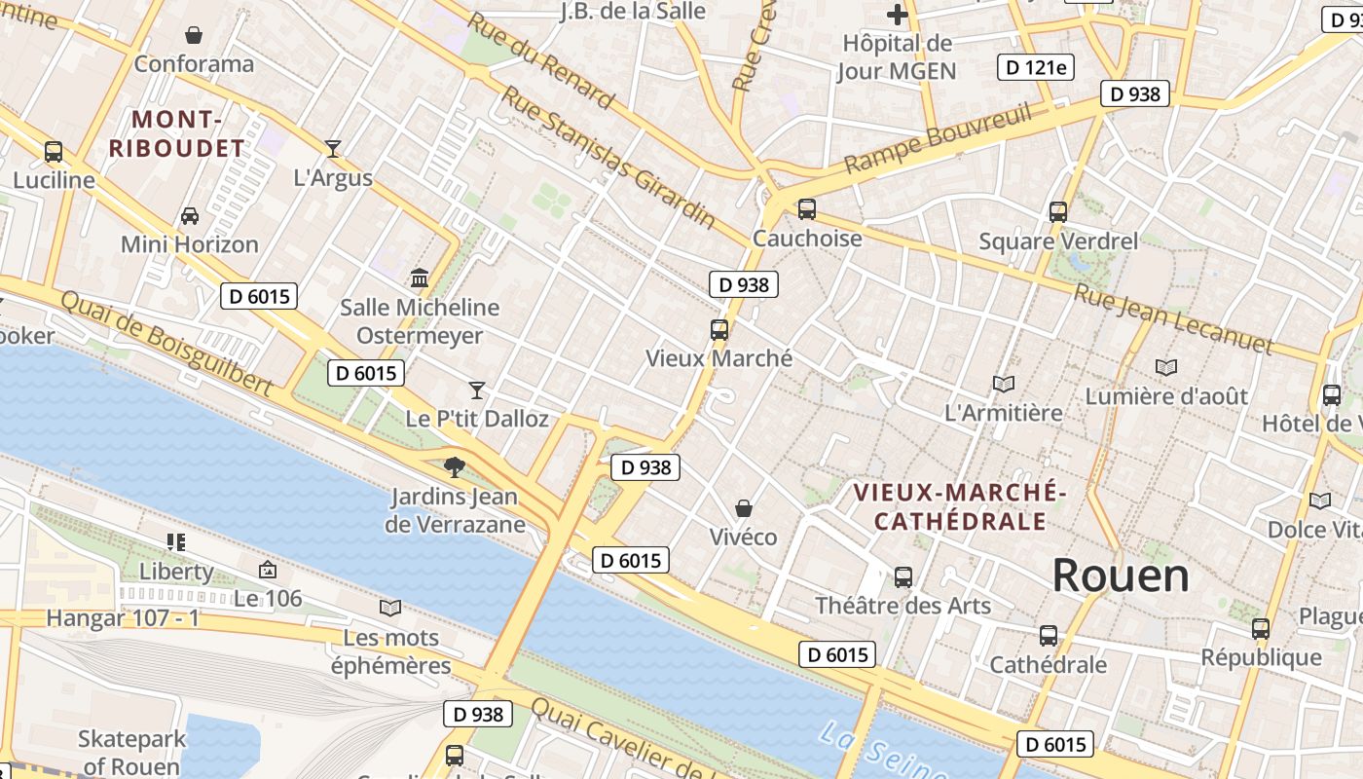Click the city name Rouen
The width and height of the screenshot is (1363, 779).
[x=1121, y=575]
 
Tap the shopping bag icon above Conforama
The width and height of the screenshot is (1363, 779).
[x=194, y=35]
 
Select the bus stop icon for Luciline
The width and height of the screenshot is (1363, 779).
[x=54, y=152]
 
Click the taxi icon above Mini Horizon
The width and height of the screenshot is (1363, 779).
[x=190, y=215]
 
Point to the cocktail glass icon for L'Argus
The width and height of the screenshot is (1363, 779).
[x=333, y=149]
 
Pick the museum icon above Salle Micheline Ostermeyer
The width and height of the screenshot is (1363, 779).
[x=420, y=278]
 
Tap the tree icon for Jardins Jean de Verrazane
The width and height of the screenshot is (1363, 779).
[x=454, y=466]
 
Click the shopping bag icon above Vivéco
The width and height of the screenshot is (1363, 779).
[x=744, y=508]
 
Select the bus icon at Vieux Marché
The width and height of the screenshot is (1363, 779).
[x=719, y=330]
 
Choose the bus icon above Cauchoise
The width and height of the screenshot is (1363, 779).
[x=807, y=209]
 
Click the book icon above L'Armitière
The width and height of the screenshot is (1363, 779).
[x=1004, y=384]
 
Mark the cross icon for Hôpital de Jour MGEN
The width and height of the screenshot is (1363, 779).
[x=898, y=15]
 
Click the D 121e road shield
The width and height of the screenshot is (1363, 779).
[x=1036, y=67]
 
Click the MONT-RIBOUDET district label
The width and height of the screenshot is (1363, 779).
[x=176, y=134]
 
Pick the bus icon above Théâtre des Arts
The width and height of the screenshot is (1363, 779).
[x=903, y=577]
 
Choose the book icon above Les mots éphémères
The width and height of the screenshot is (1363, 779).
[x=390, y=609]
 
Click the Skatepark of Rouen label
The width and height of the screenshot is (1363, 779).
[x=131, y=753]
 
